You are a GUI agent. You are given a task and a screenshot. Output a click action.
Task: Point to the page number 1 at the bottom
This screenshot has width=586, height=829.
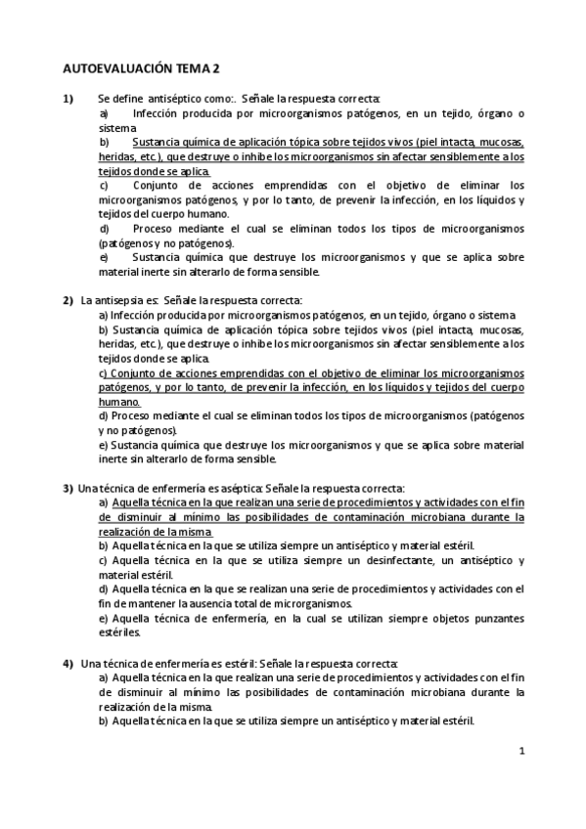522,751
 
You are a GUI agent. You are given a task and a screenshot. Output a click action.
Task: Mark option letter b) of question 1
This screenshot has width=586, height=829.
105,143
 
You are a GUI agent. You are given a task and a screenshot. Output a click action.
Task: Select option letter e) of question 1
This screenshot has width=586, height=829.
105,257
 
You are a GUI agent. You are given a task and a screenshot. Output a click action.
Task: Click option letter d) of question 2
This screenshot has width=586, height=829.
104,415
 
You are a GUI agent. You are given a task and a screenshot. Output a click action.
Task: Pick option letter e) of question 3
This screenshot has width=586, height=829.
104,619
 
